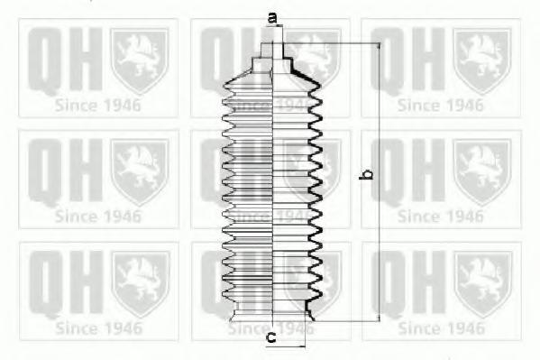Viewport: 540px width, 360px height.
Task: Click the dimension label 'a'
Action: (x=273, y=18)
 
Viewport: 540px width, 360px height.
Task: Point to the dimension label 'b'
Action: (x=366, y=174)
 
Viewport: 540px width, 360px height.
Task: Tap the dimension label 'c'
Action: (x=271, y=338)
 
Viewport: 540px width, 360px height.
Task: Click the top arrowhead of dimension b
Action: (x=380, y=48)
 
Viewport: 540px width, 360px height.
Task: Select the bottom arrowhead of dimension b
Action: (x=380, y=318)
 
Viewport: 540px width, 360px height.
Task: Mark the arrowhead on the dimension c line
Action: (x=302, y=346)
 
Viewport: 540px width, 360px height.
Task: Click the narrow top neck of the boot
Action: (x=272, y=50)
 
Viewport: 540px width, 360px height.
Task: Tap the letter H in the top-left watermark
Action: (x=85, y=60)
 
